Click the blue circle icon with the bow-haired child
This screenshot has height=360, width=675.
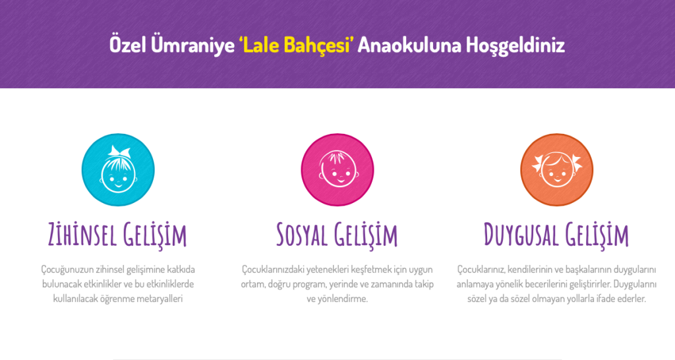coord(118,169)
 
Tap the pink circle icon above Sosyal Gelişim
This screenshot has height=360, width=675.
coord(337,169)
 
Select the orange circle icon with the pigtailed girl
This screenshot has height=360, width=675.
coord(556,169)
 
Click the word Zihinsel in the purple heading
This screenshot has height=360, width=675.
coord(82,235)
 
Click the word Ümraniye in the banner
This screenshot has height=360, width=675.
coord(192,45)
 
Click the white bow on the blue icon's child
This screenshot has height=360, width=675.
coord(119,151)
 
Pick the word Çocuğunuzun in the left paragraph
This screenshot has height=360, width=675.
coord(67,270)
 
